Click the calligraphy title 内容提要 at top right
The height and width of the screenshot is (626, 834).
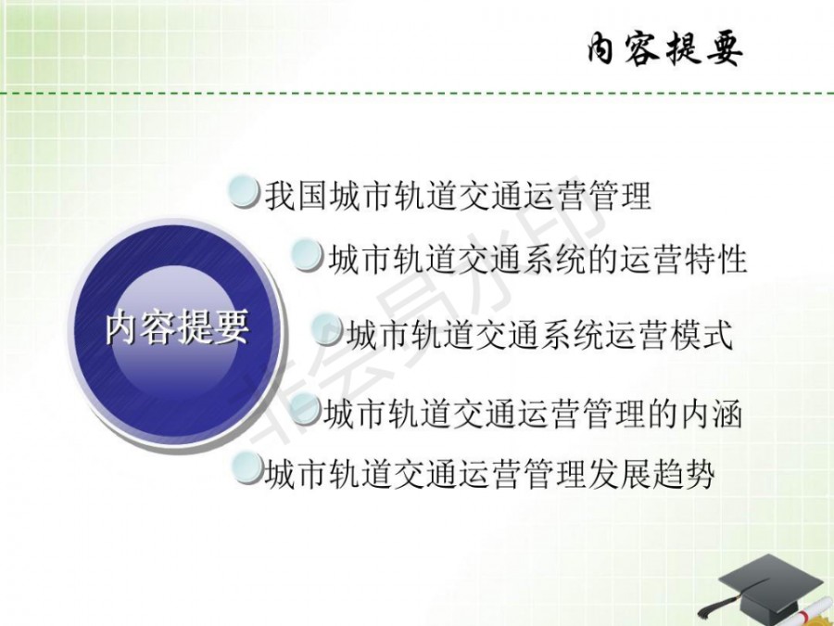(x=664, y=49)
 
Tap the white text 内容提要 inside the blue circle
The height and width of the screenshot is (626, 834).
(x=177, y=326)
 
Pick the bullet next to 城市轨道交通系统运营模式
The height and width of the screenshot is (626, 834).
(x=326, y=329)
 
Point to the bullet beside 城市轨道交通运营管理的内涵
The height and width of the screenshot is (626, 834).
(x=305, y=408)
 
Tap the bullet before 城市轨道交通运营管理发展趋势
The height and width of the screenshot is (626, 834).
(x=247, y=467)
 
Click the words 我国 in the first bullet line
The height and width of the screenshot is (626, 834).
(x=296, y=196)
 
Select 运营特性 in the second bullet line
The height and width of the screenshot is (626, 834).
(x=684, y=260)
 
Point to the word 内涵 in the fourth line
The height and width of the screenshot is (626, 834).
(x=712, y=414)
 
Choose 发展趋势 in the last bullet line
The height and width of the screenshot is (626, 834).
(x=651, y=474)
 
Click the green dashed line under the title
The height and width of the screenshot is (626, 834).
(x=417, y=94)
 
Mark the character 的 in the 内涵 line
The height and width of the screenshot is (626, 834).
(x=663, y=414)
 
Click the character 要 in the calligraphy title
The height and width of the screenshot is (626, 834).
(x=725, y=50)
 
